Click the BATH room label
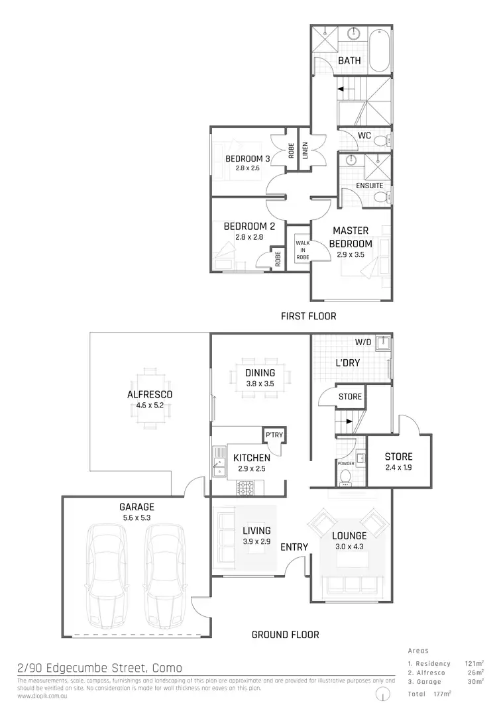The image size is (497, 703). coord(349,60)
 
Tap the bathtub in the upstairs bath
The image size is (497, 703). coord(380,50)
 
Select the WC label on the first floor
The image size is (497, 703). coord(364,136)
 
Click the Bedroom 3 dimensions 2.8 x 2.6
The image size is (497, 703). coord(247,169)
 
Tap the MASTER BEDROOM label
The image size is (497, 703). coord(351,237)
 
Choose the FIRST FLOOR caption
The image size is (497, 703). coord(309,316)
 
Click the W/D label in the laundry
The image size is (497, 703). coord(363,343)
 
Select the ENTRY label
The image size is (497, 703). coord(294,547)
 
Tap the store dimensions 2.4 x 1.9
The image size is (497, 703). coord(398,467)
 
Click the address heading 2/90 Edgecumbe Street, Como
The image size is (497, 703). coord(99,668)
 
